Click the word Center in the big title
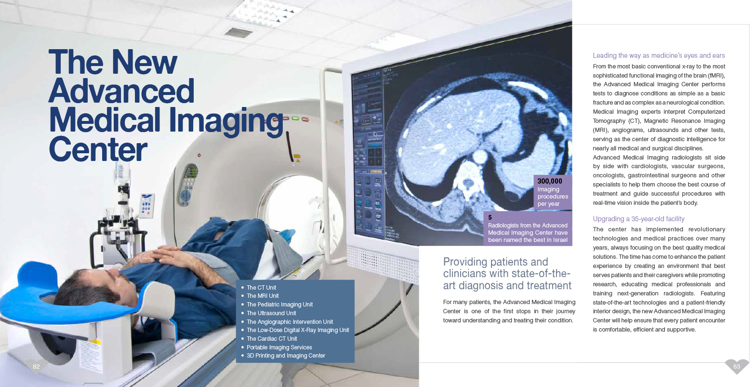pos(98,149)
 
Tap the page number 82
pos(36,366)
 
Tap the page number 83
pos(736,366)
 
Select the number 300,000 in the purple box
pos(550,181)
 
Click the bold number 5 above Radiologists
pos(490,217)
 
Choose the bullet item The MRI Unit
pos(263,296)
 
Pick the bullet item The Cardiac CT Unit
pos(272,339)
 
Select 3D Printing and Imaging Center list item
pos(286,356)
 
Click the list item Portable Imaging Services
pos(279,347)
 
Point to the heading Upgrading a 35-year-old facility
pos(638,219)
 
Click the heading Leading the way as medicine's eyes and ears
pos(659,55)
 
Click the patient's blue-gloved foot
pos(287,235)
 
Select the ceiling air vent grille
pos(239,33)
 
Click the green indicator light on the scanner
pos(296,119)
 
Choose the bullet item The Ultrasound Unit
pos(271,313)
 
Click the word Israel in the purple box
pos(559,240)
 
